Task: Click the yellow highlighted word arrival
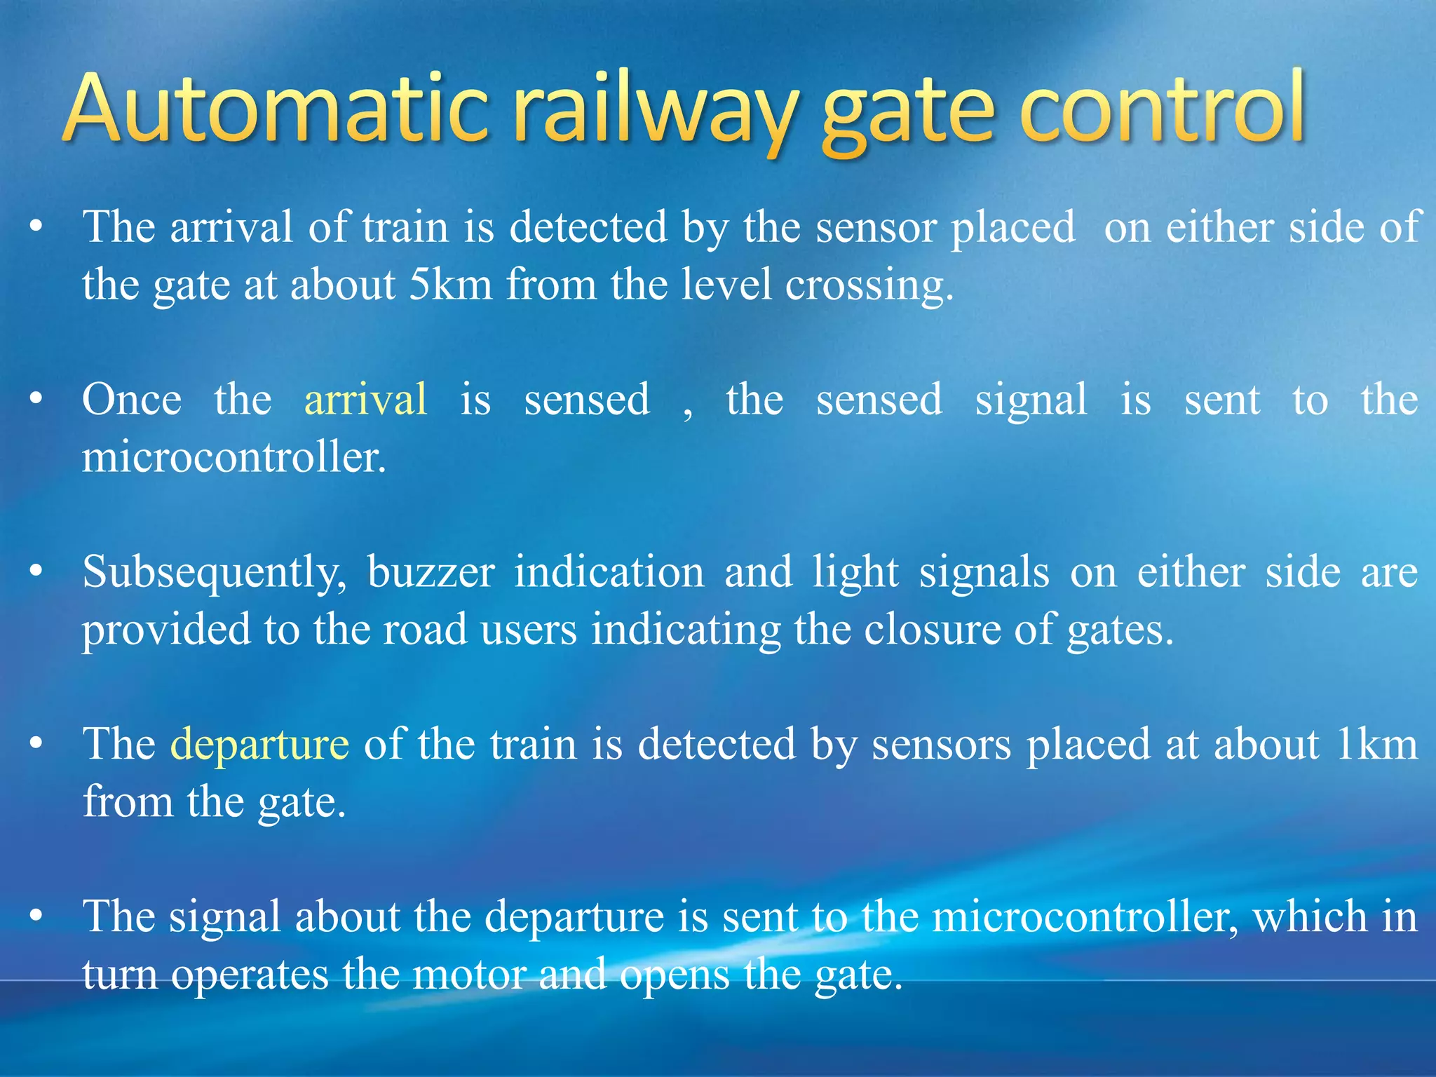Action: tap(365, 400)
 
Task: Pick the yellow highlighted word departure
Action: tap(259, 745)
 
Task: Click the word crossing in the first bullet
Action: tap(869, 286)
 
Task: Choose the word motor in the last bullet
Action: tap(468, 975)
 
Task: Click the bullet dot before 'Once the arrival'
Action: tap(36, 400)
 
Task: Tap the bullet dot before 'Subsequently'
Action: tap(36, 571)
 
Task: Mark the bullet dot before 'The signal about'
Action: tap(36, 916)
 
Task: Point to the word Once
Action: tap(132, 400)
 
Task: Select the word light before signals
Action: tap(855, 572)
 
